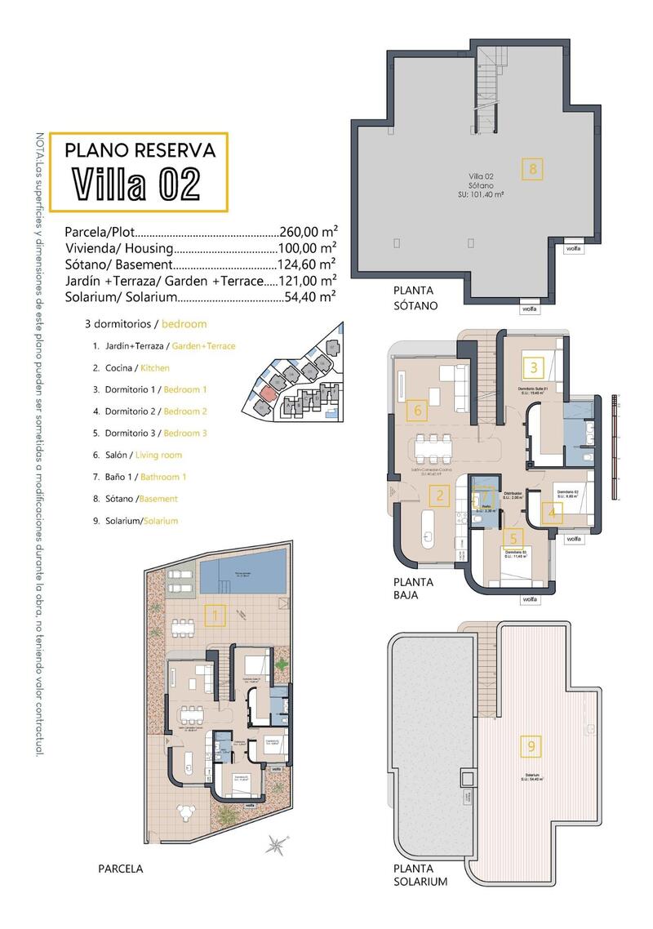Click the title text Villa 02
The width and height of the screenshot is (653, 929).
[x=136, y=184]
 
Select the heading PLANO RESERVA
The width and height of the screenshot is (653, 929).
[x=140, y=150]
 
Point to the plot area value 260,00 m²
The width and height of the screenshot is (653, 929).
[x=309, y=232]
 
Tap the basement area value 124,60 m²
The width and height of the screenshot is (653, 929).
[x=309, y=264]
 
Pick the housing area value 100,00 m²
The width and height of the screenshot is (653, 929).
[x=309, y=248]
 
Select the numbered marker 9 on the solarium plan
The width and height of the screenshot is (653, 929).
[x=531, y=745]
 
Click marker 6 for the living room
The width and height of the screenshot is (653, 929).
[x=418, y=410]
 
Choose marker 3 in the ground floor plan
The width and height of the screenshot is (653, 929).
[x=534, y=367]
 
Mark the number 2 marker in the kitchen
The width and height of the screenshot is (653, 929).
[x=440, y=495]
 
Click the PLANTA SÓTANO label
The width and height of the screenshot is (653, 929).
[x=415, y=298]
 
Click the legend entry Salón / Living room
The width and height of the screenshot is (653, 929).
[x=137, y=455]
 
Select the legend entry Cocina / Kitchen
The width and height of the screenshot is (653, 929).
[x=131, y=368]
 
